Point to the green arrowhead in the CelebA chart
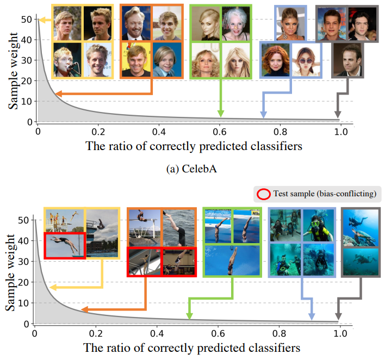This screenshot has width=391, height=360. (x=221, y=113)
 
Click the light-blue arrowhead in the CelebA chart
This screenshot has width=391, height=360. (x=263, y=114)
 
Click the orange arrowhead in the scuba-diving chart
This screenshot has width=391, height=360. (x=84, y=310)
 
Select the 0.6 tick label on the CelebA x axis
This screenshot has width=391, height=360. (x=220, y=132)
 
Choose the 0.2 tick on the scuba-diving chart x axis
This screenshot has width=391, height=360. (x=95, y=333)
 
